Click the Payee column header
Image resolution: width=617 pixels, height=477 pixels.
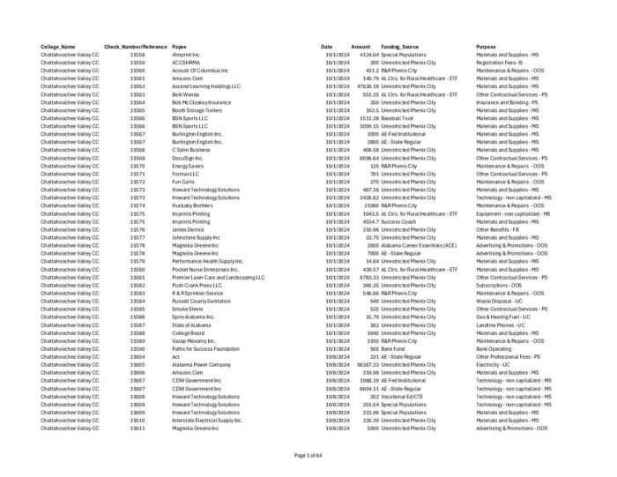[x=179, y=47]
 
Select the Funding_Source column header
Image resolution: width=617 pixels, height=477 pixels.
[x=399, y=47]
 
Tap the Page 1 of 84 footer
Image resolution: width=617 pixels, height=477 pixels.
[x=308, y=455]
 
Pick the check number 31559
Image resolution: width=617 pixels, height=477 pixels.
[x=138, y=63]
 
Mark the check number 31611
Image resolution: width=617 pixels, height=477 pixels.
[x=138, y=428]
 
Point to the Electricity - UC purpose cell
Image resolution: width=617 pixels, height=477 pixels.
[x=494, y=364]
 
